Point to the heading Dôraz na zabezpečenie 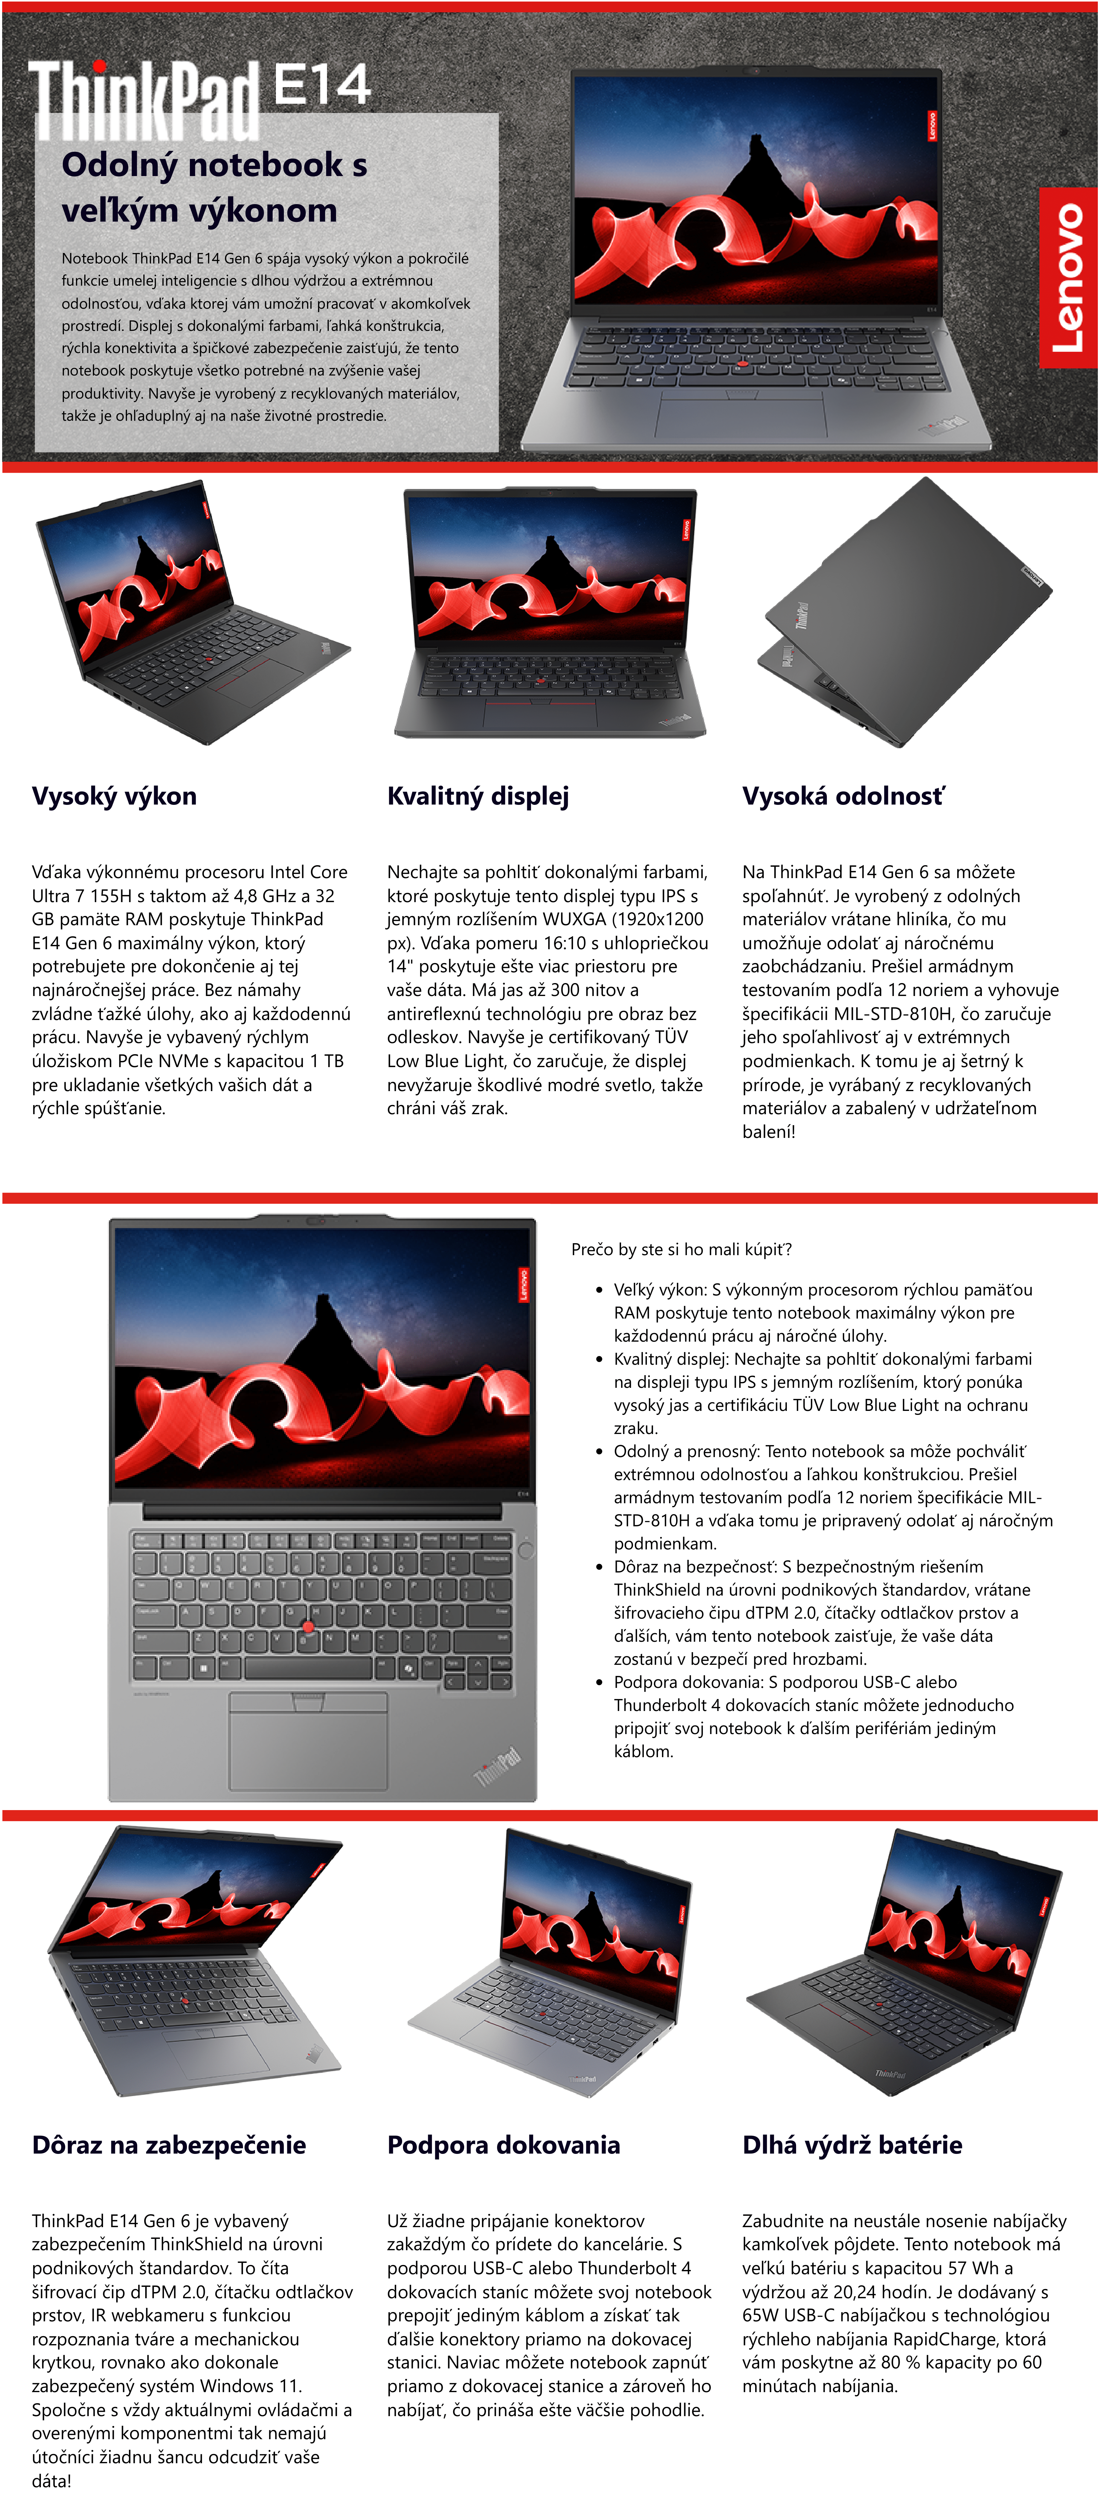point(169,2145)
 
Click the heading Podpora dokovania point(503,2145)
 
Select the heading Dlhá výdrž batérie point(852,2145)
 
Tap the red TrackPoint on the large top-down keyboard point(308,1626)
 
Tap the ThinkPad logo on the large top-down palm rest point(497,1765)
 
